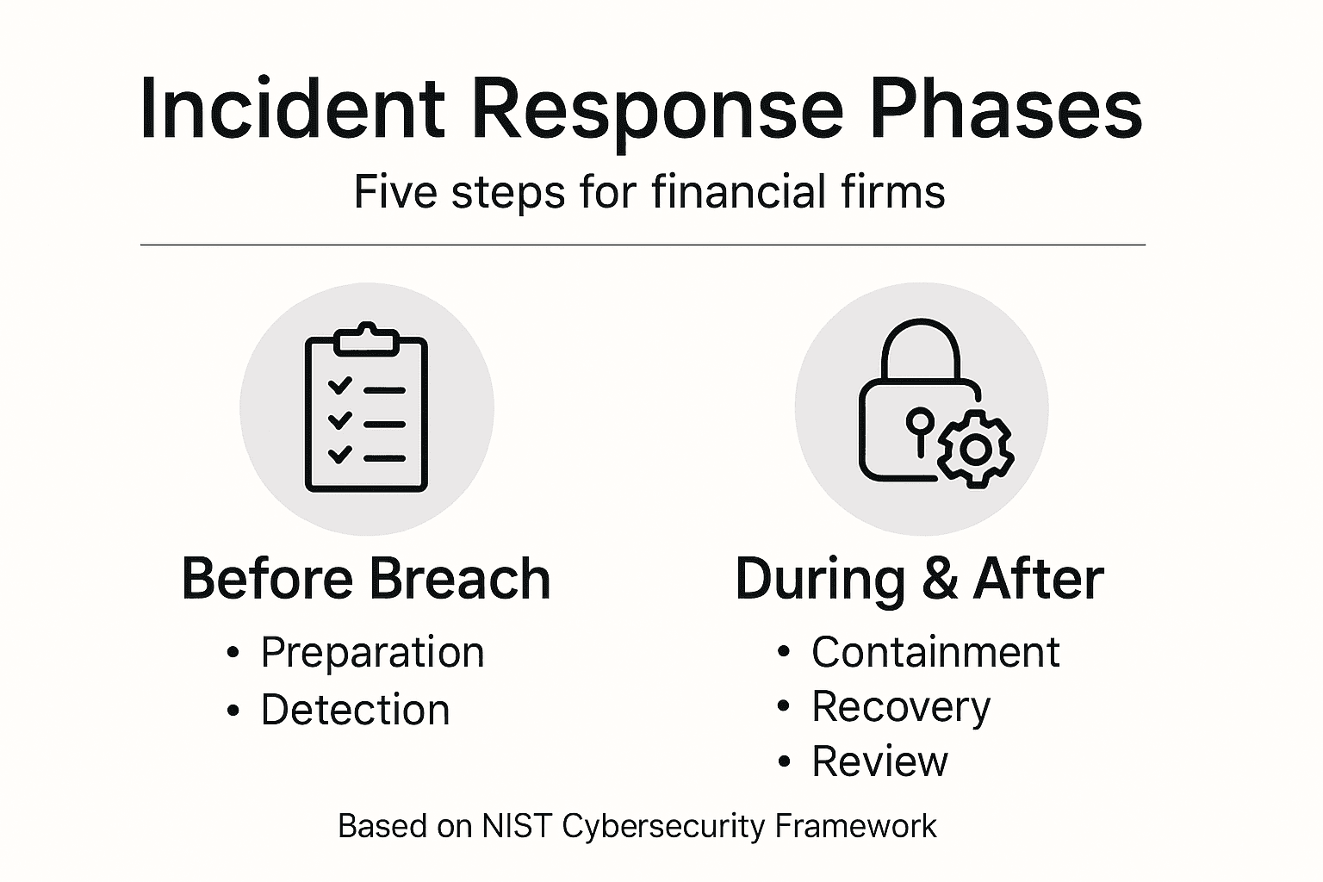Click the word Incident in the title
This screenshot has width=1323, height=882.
click(x=292, y=109)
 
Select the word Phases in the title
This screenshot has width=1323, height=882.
click(x=1005, y=109)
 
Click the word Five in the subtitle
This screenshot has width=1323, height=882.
click(x=396, y=191)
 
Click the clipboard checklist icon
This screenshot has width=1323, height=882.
click(x=367, y=409)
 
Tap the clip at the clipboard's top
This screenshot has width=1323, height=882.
click(x=367, y=339)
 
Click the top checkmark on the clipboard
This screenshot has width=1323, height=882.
click(x=340, y=385)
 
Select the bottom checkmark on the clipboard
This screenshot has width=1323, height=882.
click(x=340, y=454)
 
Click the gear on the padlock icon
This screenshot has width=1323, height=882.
click(x=975, y=449)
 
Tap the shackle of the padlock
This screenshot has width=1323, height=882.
click(x=921, y=349)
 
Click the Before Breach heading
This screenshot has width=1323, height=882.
click(x=366, y=579)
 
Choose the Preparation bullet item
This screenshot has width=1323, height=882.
click(x=372, y=652)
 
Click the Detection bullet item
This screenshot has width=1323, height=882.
click(x=355, y=711)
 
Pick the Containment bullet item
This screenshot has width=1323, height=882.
click(x=935, y=652)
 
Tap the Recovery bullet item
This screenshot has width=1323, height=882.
click(x=900, y=707)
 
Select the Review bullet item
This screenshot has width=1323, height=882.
click(x=879, y=761)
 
